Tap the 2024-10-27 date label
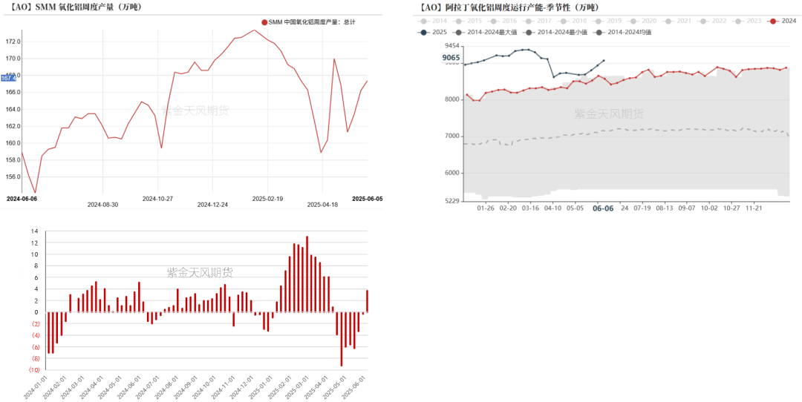coord(157,199)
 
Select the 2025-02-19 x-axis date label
coord(267,199)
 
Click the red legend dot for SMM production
coord(264,22)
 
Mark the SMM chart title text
coord(74,7)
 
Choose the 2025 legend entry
coord(434,32)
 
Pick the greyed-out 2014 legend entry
coord(434,21)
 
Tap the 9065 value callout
coord(451,58)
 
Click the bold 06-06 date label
coord(603,208)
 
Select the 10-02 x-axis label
coord(710,208)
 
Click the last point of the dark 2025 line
coord(604,61)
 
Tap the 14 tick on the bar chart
coord(34,231)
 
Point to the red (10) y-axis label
coord(33,370)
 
